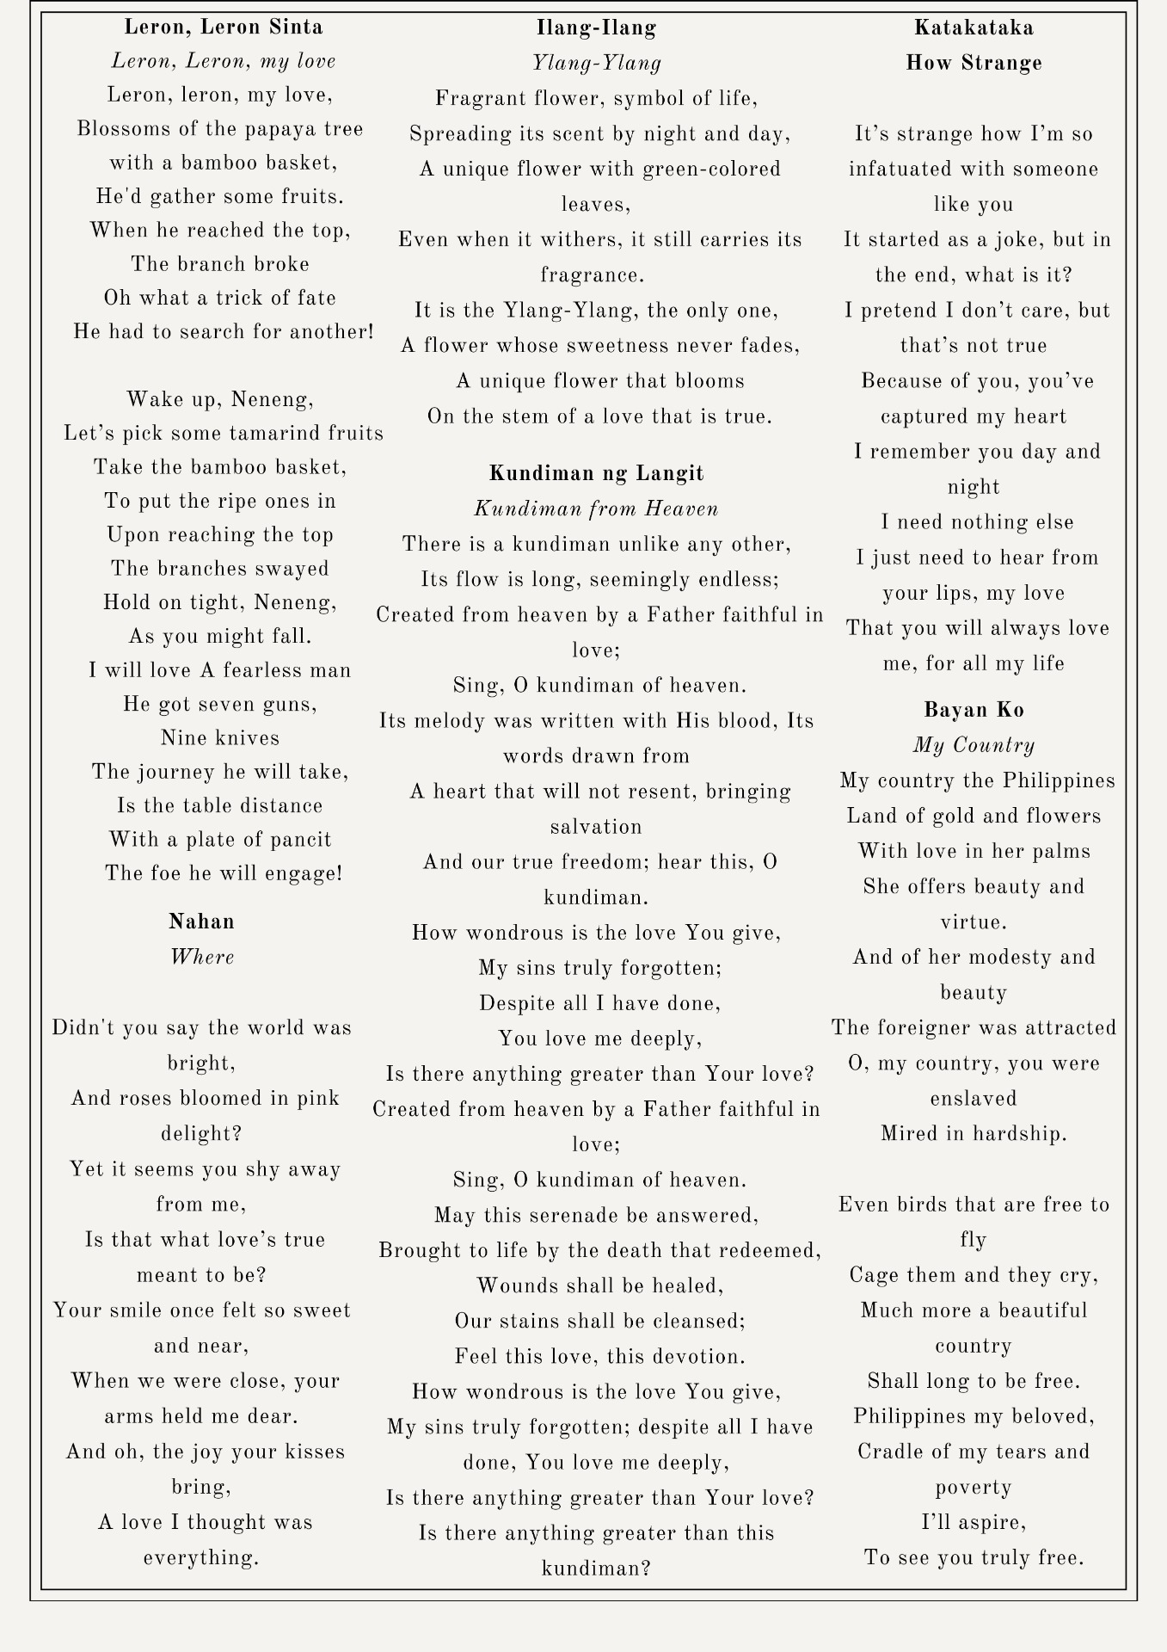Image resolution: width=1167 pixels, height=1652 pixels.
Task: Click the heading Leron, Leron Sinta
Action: pos(224,27)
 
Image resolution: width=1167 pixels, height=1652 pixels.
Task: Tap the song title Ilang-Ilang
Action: pos(596,28)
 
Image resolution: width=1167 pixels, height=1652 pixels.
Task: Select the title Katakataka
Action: pos(974,28)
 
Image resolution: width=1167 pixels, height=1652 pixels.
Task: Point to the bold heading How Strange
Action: pos(974,63)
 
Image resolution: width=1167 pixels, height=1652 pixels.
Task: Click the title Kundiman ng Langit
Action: pos(596,473)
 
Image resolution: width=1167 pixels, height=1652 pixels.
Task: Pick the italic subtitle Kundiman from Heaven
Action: pos(596,509)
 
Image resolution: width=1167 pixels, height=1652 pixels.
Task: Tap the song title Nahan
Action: pos(201,922)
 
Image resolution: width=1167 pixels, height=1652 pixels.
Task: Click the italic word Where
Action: pos(201,957)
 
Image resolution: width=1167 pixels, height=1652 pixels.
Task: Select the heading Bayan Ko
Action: pos(974,710)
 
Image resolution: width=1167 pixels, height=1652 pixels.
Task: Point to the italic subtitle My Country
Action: pos(974,745)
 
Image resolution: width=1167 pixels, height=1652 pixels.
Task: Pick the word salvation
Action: pos(596,827)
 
